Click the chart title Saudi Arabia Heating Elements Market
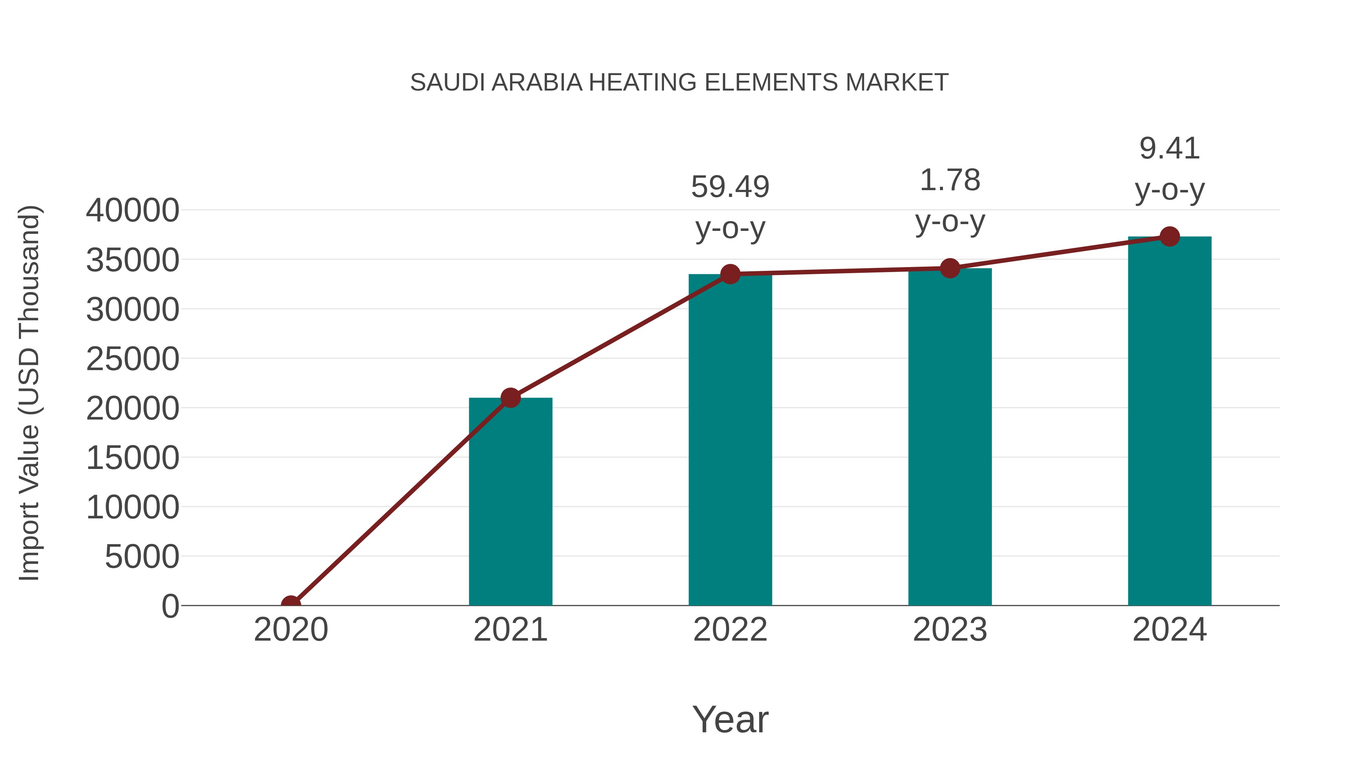tap(679, 83)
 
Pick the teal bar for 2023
tap(950, 438)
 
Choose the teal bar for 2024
tap(1169, 422)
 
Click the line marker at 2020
tap(291, 604)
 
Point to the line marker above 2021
tap(510, 398)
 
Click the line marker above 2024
tap(1169, 237)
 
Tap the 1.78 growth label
tap(950, 181)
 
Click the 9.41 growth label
tap(1169, 149)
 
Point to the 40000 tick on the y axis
tap(133, 211)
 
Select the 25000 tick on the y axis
tap(133, 359)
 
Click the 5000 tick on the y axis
tap(142, 557)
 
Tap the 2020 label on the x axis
tap(291, 630)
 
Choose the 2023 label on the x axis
tap(950, 630)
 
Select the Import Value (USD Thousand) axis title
tap(29, 393)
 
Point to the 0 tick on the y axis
tap(170, 606)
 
